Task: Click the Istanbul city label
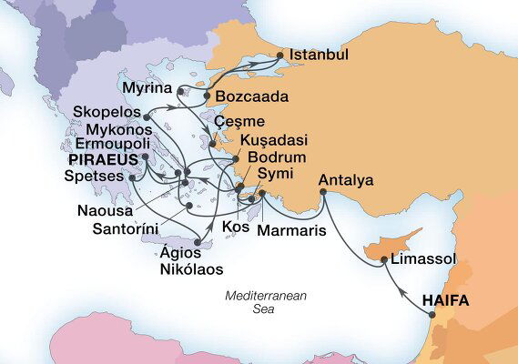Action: pos(318,56)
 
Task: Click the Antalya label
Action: pos(346,180)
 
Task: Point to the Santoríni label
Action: pos(129,227)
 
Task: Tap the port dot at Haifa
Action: pos(432,314)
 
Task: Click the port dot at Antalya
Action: pos(321,192)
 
